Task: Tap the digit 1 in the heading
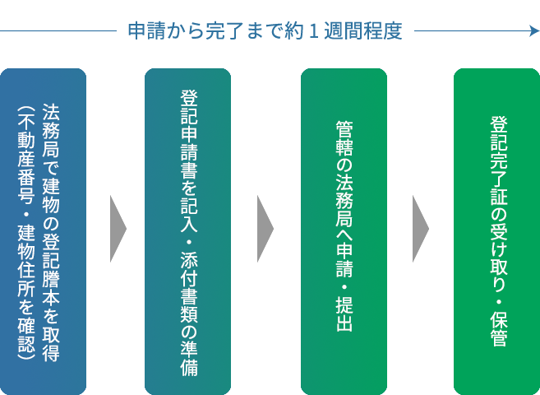coord(314,32)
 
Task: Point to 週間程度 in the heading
coord(362,32)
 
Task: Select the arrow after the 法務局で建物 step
coord(127,229)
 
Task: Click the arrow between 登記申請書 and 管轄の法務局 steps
coord(265,229)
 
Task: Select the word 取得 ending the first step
coord(50,345)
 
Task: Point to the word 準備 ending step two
coord(188,358)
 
